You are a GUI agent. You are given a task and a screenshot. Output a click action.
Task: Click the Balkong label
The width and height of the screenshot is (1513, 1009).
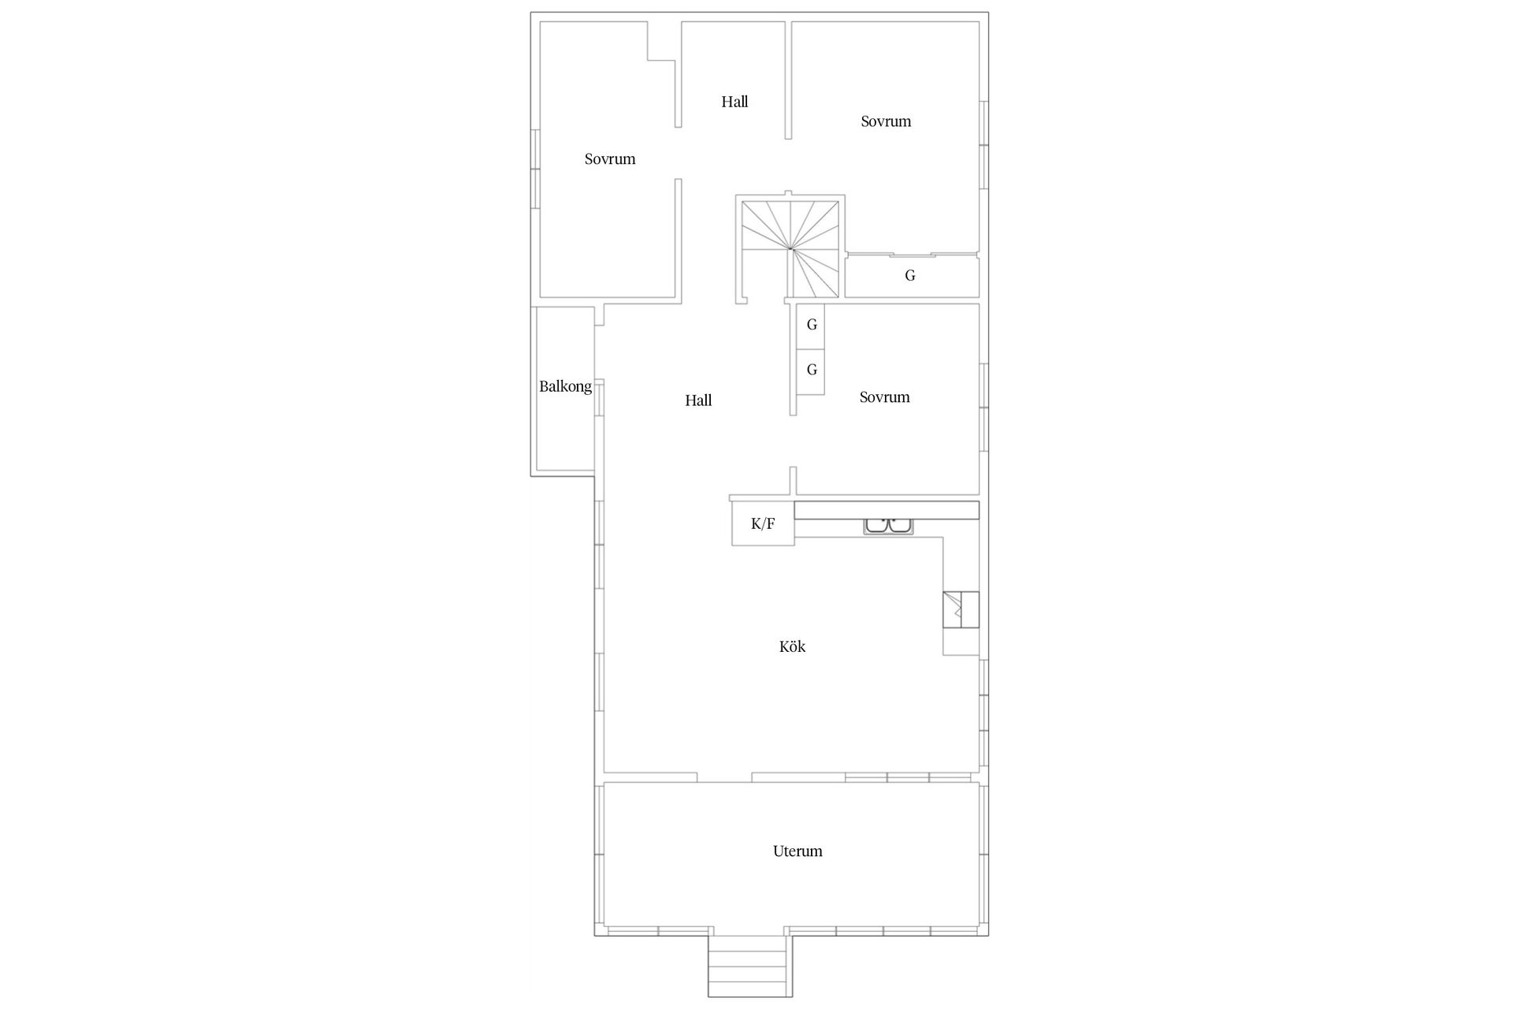point(565,386)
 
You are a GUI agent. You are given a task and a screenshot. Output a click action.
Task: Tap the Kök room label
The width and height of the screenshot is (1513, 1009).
point(792,646)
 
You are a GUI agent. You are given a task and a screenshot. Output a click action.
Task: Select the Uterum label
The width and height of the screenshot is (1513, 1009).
point(797,851)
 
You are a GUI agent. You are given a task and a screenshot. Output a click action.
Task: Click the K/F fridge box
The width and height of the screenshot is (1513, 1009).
point(763,523)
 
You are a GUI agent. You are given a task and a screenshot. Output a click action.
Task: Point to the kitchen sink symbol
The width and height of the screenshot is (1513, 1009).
point(888,526)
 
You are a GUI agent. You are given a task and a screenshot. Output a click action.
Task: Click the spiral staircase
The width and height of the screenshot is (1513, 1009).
point(790,249)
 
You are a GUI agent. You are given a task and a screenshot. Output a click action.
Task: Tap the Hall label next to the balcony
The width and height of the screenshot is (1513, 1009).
point(698,400)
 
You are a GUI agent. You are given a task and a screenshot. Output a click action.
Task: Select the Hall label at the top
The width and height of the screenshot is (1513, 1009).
point(734,102)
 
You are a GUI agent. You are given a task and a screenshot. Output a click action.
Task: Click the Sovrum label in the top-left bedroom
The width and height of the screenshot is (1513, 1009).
point(610,159)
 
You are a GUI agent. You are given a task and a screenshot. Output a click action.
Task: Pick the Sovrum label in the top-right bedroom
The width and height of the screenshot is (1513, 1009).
point(886,121)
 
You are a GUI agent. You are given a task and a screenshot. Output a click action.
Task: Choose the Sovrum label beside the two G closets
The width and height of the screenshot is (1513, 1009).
point(884,397)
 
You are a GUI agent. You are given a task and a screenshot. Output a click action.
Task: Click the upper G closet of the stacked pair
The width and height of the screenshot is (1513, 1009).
point(811,325)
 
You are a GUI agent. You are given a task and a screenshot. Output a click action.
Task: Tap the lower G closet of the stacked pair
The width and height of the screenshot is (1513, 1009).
point(811,370)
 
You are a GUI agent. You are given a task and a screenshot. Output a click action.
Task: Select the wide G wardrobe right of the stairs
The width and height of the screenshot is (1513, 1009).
point(910,276)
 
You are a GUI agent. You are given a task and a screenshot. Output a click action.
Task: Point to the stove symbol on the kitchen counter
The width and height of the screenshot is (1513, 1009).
point(961,609)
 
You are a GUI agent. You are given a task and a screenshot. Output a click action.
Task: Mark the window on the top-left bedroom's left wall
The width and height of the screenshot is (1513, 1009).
point(535,169)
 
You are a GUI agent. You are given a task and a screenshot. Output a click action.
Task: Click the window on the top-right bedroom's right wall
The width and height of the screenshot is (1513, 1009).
point(983,144)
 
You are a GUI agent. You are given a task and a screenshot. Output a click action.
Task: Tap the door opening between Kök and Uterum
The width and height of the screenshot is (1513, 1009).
point(724,778)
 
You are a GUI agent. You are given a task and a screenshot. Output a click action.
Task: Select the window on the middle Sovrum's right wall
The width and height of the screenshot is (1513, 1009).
point(983,407)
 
